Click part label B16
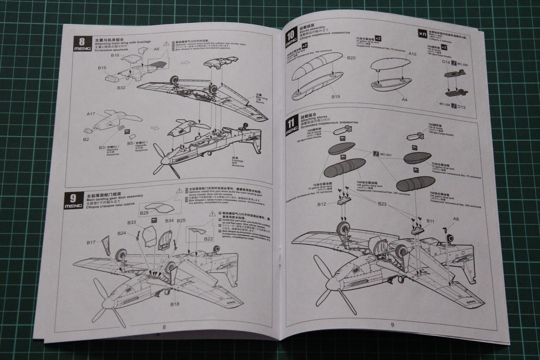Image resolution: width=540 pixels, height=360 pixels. pos(115,55)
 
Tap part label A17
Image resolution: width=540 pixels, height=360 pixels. pos(91,114)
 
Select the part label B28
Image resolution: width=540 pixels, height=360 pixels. pos(144,213)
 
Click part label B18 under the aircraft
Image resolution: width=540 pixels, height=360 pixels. pos(174,304)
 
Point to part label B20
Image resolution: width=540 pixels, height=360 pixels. pos(351,58)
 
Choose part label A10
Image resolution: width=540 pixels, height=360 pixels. pos(412,54)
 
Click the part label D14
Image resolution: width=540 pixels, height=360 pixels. pos(446,62)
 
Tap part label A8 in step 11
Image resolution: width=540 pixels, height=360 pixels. pos(456,219)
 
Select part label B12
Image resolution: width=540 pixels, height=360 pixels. pos(322,204)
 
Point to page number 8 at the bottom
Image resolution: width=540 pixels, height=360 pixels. pos(164,327)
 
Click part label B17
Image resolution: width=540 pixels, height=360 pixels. pos(91,242)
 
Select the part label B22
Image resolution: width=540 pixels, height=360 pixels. pos(208,239)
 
